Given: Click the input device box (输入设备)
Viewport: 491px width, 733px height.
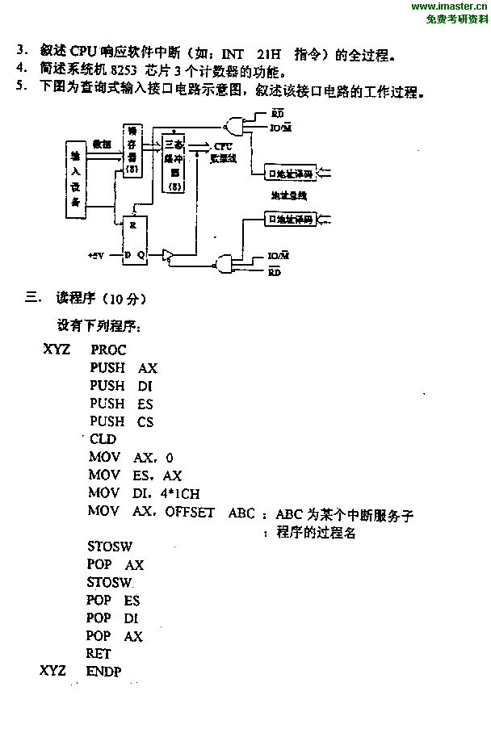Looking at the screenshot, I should click(75, 179).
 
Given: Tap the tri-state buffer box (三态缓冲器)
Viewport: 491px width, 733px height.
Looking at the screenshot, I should click(174, 162).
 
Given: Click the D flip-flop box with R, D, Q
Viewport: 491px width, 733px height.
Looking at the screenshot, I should click(134, 240).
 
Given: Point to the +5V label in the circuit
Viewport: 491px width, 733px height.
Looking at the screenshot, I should click(97, 255).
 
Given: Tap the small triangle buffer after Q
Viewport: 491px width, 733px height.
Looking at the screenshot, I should click(167, 255).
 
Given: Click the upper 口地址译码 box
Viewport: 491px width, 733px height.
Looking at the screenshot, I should click(289, 173).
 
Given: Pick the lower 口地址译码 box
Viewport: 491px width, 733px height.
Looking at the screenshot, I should click(290, 219).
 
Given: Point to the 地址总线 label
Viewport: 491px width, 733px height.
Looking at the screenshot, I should click(288, 195).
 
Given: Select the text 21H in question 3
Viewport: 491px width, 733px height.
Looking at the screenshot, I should click(269, 55).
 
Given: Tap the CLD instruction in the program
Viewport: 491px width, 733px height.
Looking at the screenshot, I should click(103, 439).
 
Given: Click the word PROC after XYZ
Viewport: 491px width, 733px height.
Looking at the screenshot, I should click(108, 350).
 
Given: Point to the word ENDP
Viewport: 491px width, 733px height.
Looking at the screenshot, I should click(103, 672).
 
